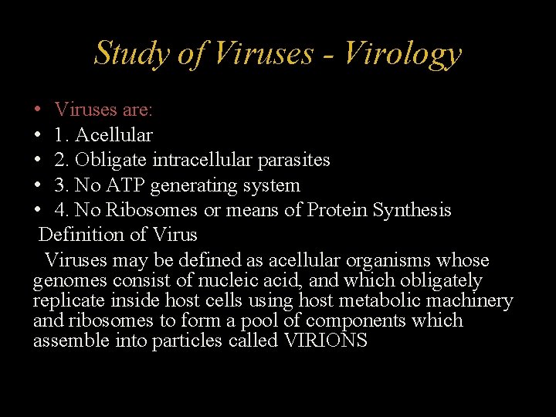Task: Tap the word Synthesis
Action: click(413, 210)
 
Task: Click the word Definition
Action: click(76, 235)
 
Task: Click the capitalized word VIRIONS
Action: click(325, 341)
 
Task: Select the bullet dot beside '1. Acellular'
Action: click(38, 136)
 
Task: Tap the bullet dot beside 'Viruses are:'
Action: click(38, 110)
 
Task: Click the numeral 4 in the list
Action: click(59, 210)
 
